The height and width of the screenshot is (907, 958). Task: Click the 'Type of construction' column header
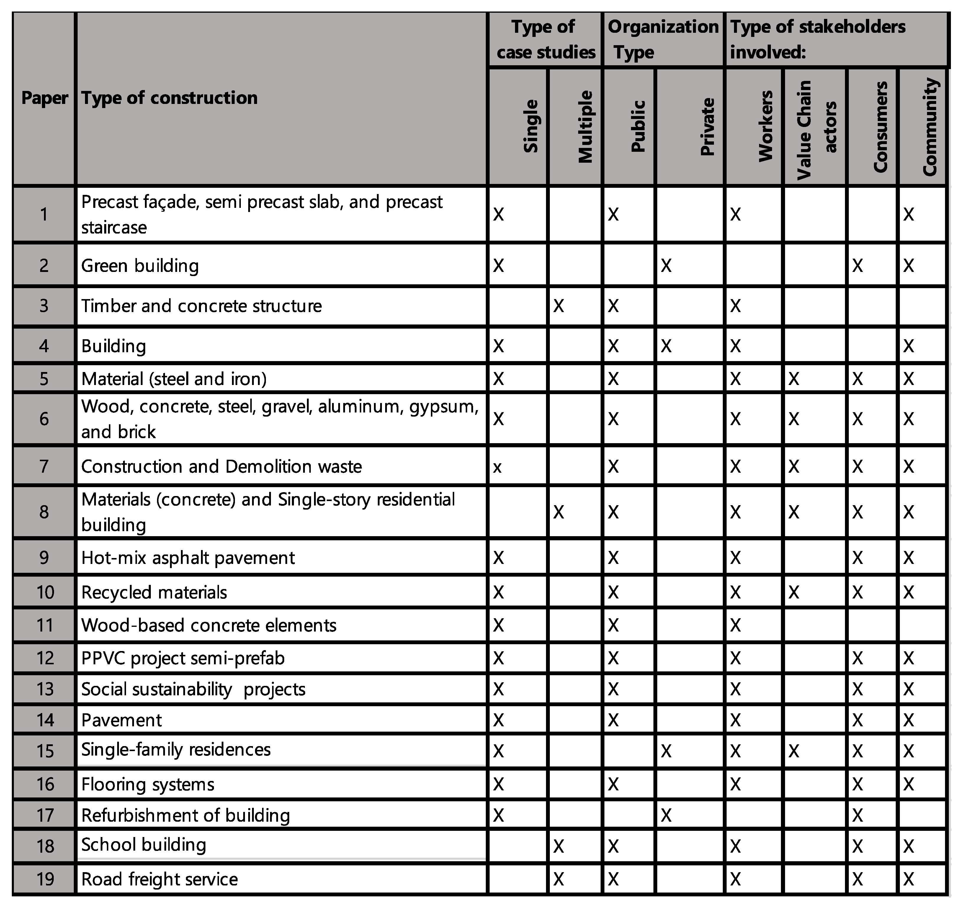click(x=169, y=98)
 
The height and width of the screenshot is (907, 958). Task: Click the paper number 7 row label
click(x=44, y=466)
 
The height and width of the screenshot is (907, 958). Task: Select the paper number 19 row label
click(x=45, y=879)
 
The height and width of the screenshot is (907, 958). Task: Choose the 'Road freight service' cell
click(x=159, y=879)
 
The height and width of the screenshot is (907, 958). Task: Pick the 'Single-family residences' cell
click(x=176, y=750)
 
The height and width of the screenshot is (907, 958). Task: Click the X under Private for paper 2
click(x=666, y=266)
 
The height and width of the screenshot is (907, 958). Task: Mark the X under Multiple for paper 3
click(x=558, y=306)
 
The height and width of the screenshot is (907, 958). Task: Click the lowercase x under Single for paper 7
click(x=497, y=467)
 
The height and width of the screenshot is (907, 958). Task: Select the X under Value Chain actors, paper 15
click(x=794, y=751)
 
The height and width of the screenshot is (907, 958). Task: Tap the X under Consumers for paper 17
click(x=857, y=816)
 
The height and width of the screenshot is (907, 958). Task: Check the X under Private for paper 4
click(x=666, y=346)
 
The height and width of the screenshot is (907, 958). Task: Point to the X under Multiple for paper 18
click(x=558, y=846)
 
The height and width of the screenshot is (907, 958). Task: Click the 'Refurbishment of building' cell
click(x=186, y=816)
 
